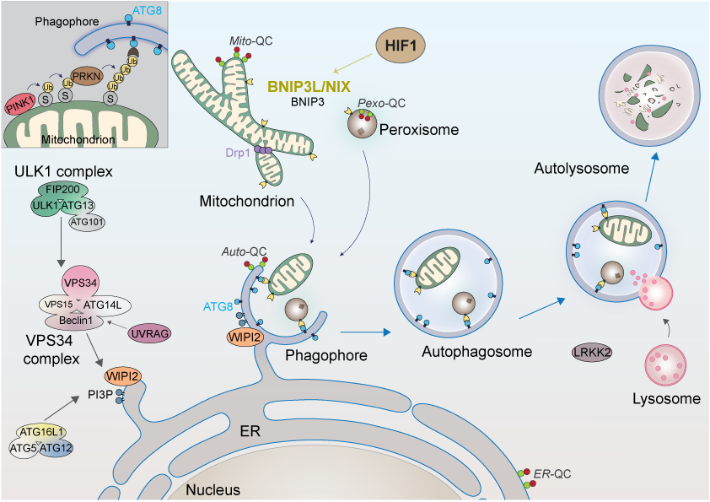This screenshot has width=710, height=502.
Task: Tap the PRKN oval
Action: (92, 76)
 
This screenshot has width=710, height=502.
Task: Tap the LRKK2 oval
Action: (593, 354)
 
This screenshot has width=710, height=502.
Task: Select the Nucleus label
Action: (212, 489)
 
